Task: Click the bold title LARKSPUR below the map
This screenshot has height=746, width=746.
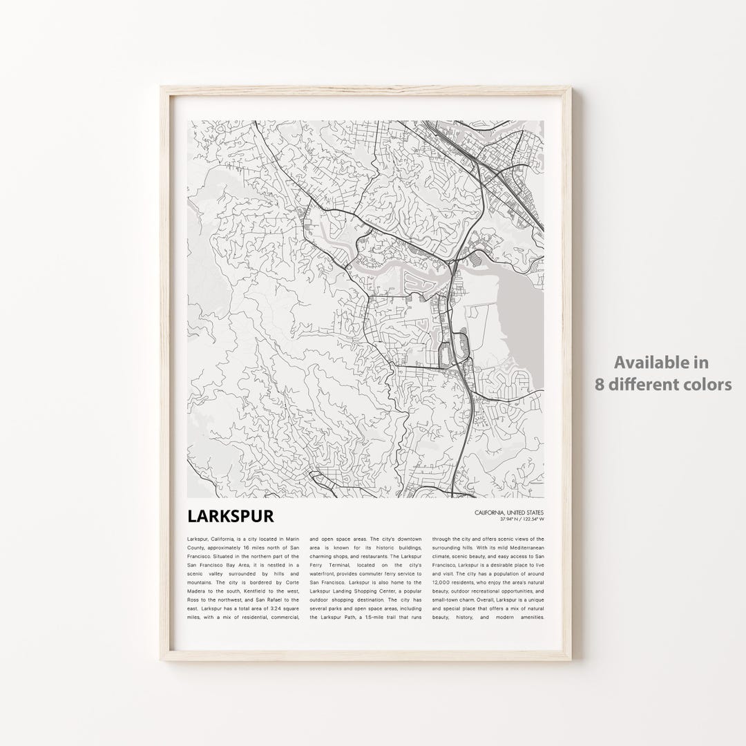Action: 230,516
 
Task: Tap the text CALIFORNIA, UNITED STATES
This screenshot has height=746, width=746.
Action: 510,512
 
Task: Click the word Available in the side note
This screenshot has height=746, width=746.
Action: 662,362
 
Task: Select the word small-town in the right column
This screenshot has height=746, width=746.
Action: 446,601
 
